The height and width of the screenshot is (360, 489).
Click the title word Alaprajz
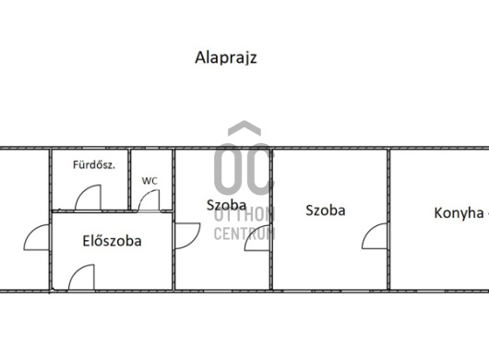point(226,58)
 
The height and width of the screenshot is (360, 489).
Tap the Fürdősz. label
point(94,164)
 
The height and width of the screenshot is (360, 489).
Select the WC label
point(149,181)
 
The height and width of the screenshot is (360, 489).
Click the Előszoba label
point(112,241)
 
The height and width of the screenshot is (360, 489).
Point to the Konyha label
point(459,213)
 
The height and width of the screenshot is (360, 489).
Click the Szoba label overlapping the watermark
point(226,205)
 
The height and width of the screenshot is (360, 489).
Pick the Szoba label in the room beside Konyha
point(326,210)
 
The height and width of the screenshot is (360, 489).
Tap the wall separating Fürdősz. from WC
point(129,179)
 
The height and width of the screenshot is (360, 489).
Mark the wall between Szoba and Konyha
point(388,220)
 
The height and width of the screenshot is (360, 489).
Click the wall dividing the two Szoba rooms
point(271,220)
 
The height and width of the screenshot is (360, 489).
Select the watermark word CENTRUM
point(244,234)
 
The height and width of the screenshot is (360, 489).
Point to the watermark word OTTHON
point(244,215)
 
